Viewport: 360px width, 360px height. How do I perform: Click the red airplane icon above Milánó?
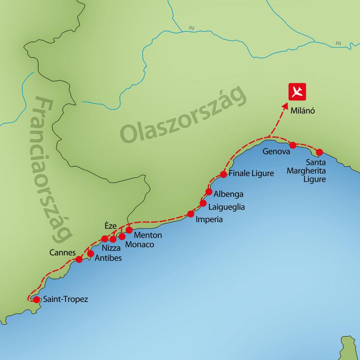297,92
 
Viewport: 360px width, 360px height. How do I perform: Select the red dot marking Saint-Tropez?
36,300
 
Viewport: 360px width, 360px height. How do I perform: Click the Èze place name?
111,226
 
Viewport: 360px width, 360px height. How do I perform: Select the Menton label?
147,235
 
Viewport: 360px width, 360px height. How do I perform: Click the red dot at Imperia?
191,214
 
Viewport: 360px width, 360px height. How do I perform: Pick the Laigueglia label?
226,207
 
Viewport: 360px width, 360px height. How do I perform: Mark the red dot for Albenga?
209,192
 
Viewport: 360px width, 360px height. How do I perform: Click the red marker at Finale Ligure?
224,174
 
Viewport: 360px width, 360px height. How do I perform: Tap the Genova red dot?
292,145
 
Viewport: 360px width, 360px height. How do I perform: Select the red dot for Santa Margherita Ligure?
319,152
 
